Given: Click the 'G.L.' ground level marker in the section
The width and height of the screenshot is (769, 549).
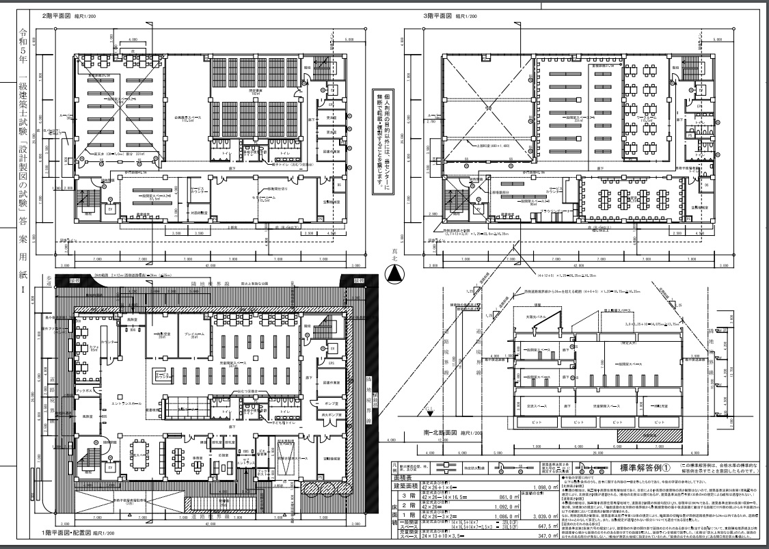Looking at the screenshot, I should click(429, 410).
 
